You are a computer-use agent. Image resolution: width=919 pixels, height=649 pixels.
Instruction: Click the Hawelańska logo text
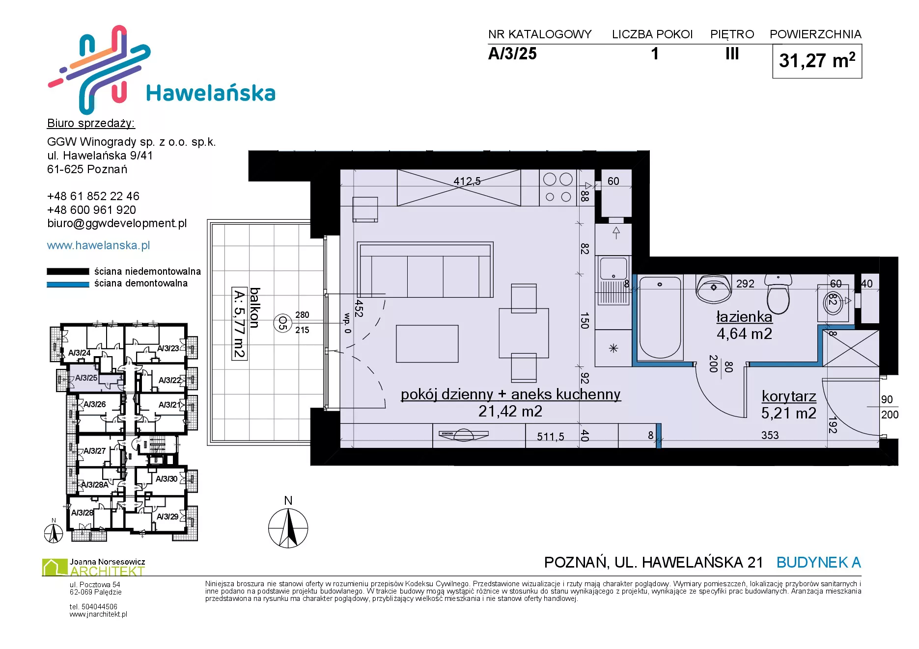pyautogui.click(x=211, y=93)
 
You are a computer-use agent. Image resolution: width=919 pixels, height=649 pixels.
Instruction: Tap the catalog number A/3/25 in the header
pyautogui.click(x=512, y=53)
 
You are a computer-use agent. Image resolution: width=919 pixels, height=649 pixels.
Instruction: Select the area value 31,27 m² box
pyautogui.click(x=817, y=61)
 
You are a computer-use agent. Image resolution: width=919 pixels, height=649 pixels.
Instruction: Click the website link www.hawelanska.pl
pyautogui.click(x=98, y=245)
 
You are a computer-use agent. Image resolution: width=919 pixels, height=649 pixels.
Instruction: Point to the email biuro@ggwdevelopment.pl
pyautogui.click(x=117, y=224)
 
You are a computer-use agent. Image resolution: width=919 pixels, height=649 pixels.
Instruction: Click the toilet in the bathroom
pyautogui.click(x=779, y=294)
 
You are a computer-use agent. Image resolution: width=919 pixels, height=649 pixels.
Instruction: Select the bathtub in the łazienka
pyautogui.click(x=660, y=317)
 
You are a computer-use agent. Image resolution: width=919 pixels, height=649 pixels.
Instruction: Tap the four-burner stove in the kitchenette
pyautogui.click(x=558, y=187)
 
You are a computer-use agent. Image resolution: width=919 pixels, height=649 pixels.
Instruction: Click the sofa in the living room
pyautogui.click(x=425, y=269)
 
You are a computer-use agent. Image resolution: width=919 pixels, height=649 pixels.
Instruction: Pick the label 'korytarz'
pyautogui.click(x=789, y=396)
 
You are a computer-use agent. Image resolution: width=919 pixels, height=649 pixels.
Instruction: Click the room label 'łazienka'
pyautogui.click(x=744, y=317)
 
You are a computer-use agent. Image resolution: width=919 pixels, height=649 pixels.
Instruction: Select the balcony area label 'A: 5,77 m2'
pyautogui.click(x=239, y=324)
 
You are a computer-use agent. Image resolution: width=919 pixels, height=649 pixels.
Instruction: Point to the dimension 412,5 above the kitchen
pyautogui.click(x=467, y=182)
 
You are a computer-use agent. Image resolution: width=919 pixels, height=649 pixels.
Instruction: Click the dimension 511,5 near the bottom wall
pyautogui.click(x=551, y=437)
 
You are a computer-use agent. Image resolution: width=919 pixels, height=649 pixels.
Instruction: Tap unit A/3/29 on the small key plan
pyautogui.click(x=167, y=517)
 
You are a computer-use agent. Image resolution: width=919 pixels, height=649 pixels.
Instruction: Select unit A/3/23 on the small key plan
pyautogui.click(x=168, y=348)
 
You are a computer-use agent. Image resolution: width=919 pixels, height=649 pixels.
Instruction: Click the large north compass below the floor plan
pyautogui.click(x=288, y=528)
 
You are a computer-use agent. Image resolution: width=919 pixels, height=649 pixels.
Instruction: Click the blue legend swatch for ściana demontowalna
pyautogui.click(x=68, y=284)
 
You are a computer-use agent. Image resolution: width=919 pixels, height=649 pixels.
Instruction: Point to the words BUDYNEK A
pyautogui.click(x=819, y=562)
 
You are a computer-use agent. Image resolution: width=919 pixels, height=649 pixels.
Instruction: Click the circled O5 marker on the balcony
pyautogui.click(x=282, y=323)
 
